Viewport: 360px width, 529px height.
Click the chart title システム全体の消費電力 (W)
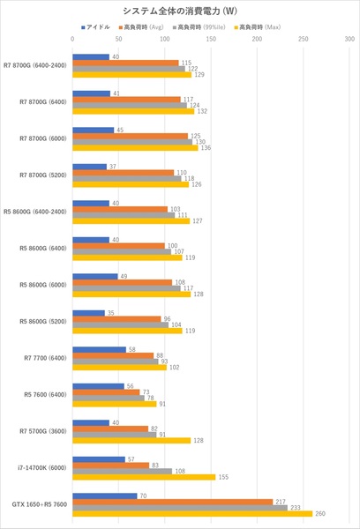click(x=179, y=11)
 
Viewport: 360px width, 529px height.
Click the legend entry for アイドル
click(x=96, y=27)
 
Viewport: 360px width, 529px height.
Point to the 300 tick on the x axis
click(x=350, y=41)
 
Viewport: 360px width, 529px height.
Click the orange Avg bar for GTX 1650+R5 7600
click(x=173, y=502)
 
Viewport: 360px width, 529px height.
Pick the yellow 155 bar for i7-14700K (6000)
click(x=144, y=477)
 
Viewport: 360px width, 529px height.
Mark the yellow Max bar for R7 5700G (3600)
click(x=131, y=440)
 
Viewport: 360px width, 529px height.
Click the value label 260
click(x=319, y=514)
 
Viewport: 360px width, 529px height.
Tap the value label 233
click(x=295, y=508)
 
